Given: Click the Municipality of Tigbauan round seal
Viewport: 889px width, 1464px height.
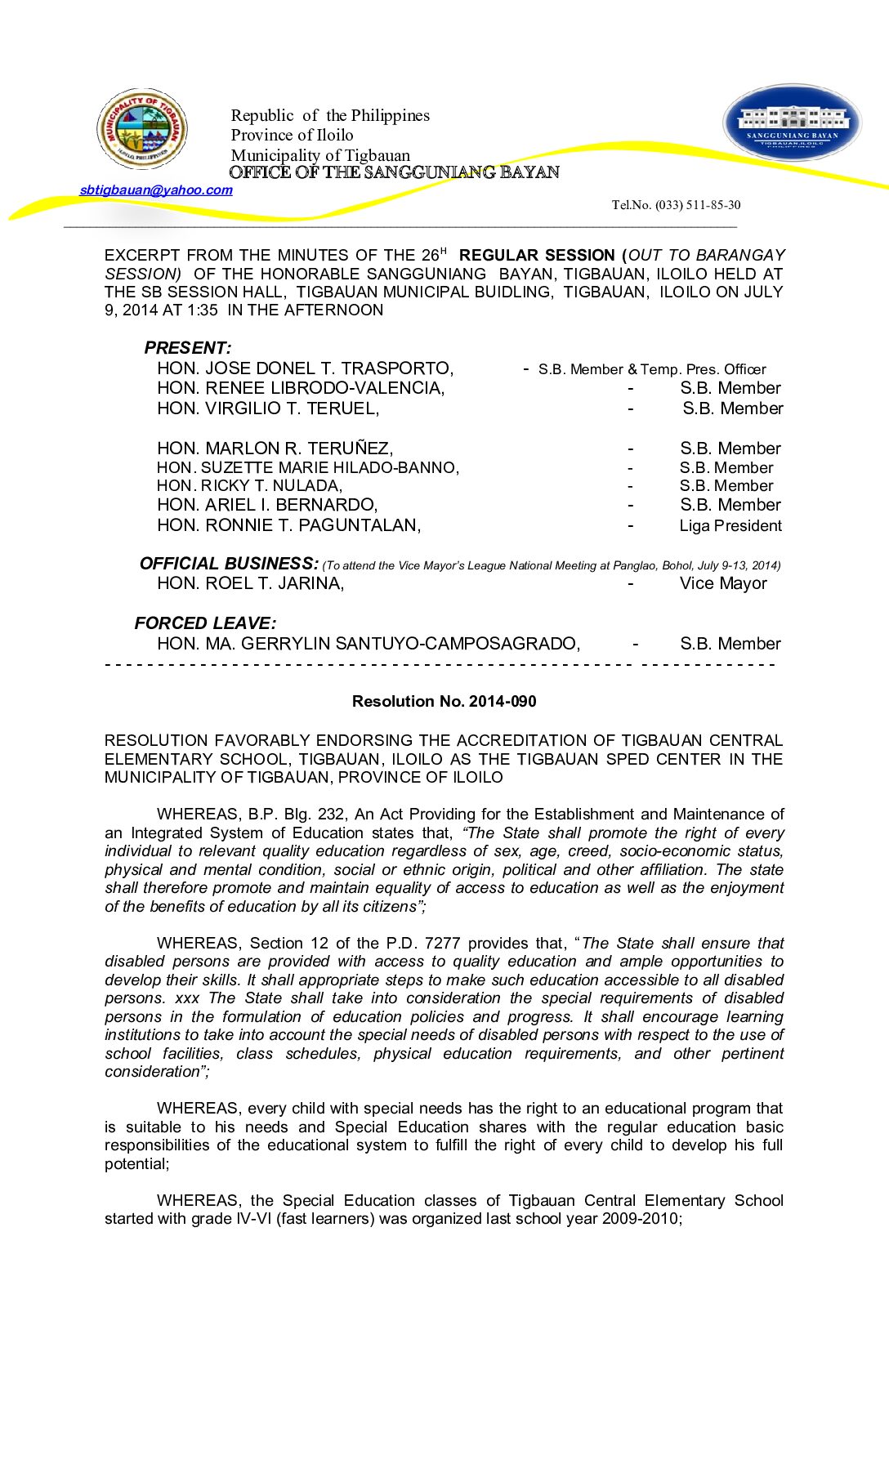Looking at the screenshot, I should pyautogui.click(x=142, y=129).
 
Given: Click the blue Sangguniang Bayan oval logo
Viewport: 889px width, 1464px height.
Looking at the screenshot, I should pyautogui.click(x=792, y=123).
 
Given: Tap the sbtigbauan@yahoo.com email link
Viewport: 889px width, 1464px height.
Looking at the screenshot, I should pyautogui.click(x=156, y=190).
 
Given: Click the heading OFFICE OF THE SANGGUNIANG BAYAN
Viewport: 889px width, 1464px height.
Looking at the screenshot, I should pyautogui.click(x=394, y=172).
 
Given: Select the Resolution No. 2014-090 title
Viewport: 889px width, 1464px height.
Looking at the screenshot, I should pyautogui.click(x=444, y=701).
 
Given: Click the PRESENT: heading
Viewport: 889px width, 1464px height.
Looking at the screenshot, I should pyautogui.click(x=188, y=348).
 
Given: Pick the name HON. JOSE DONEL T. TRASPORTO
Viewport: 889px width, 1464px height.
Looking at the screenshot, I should pyautogui.click(x=305, y=368).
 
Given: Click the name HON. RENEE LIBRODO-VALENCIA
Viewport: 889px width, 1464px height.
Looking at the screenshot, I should pyautogui.click(x=301, y=388).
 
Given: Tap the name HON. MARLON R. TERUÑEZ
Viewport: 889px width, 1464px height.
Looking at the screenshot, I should pyautogui.click(x=275, y=449).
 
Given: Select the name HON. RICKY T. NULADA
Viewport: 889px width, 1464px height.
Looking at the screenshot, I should pyautogui.click(x=249, y=486).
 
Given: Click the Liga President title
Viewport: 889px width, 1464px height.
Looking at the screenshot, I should pyautogui.click(x=730, y=526).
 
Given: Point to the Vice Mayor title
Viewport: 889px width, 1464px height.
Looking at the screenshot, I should pyautogui.click(x=723, y=583).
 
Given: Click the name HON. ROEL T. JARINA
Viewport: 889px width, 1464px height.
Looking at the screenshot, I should pyautogui.click(x=250, y=583).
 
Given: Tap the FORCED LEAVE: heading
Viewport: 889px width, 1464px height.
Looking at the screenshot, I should pyautogui.click(x=205, y=623).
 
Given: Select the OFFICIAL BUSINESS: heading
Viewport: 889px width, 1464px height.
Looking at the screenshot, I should pyautogui.click(x=229, y=564).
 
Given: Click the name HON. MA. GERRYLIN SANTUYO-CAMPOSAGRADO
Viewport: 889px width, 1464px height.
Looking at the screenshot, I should pyautogui.click(x=369, y=644).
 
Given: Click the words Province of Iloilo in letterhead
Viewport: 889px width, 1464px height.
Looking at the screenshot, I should pyautogui.click(x=292, y=136).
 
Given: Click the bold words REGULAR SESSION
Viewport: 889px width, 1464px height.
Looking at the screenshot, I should pyautogui.click(x=537, y=256).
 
